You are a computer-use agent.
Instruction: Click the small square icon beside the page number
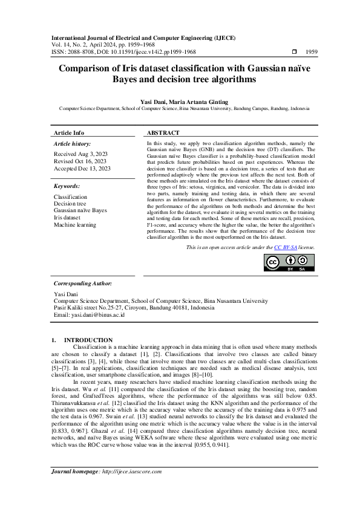pos(294,53)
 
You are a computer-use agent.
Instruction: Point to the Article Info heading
pos(69,132)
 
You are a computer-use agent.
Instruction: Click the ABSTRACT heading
pos(163,132)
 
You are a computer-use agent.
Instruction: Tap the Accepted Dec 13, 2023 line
pos(82,169)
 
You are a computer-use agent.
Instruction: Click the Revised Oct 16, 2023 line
pos(80,161)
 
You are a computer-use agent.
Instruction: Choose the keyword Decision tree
pos(70,204)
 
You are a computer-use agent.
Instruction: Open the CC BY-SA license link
pos(285,248)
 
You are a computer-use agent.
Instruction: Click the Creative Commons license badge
pos(289,262)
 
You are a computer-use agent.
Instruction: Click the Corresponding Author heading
pos(83,283)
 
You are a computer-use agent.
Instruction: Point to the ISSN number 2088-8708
pos(77,53)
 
